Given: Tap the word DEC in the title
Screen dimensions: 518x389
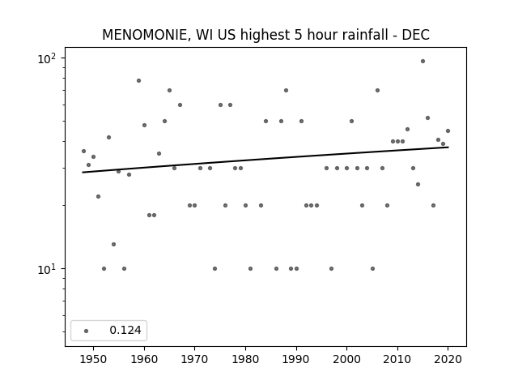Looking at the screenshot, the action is click(x=415, y=35).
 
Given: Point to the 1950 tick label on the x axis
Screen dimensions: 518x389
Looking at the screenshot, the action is click(x=94, y=359).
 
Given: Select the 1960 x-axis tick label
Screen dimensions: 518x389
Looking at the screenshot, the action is click(x=144, y=359).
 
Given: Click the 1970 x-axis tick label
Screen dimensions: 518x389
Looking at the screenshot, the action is click(x=194, y=359).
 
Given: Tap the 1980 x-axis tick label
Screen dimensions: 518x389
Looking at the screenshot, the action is click(x=245, y=359).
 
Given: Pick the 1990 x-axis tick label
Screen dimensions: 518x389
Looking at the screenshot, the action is click(x=296, y=359).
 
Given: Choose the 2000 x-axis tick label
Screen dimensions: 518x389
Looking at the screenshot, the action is click(x=347, y=359).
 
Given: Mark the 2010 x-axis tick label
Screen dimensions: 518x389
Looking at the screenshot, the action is click(x=397, y=359).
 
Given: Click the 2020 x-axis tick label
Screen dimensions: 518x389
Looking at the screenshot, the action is click(x=448, y=359).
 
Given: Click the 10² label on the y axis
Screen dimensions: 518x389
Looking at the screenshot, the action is click(x=46, y=58).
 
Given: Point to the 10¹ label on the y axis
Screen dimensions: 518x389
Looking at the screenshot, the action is click(x=46, y=269).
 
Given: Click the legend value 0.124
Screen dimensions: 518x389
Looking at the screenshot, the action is click(x=125, y=330).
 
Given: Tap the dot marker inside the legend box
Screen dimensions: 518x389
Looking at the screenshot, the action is click(x=87, y=331).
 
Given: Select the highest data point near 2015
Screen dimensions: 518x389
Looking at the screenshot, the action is click(x=422, y=62).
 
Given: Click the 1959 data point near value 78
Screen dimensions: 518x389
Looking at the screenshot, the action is click(x=138, y=81).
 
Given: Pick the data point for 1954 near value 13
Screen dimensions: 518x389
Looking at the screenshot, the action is click(x=113, y=245).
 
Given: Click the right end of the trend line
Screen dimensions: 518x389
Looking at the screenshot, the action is click(x=448, y=147).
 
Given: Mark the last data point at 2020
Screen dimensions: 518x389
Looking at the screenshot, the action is click(x=448, y=131).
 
